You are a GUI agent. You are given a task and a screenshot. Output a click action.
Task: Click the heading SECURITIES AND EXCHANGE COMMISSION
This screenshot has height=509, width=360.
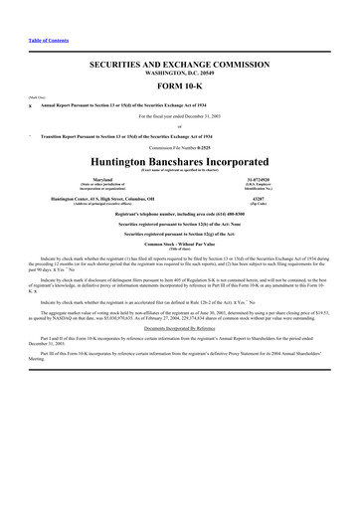click(180, 63)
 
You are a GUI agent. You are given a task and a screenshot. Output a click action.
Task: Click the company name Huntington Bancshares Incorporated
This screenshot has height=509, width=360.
click(180, 161)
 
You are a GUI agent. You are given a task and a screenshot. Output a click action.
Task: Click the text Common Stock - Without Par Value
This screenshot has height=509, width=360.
click(180, 243)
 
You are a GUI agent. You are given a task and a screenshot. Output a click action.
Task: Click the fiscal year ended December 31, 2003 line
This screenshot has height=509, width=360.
click(180, 117)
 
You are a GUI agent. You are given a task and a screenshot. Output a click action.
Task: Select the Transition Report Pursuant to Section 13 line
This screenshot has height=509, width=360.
click(108, 136)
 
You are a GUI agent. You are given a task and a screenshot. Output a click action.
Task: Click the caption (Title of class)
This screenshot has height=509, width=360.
click(180, 249)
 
